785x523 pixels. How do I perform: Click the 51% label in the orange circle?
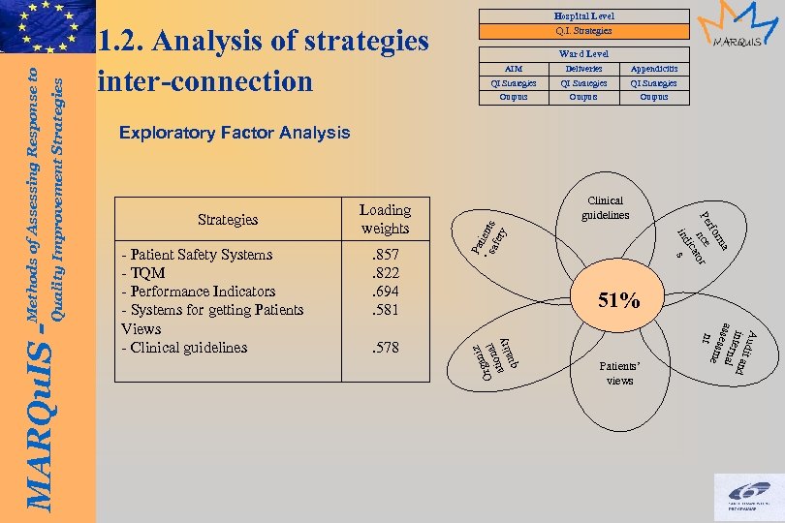click(619, 301)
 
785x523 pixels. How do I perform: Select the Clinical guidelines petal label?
click(607, 208)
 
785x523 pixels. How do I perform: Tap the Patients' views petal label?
click(619, 374)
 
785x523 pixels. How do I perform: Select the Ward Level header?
click(583, 54)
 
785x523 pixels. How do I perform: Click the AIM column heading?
click(514, 69)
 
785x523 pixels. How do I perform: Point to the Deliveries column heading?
click(583, 69)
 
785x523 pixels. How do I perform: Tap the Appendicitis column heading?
click(654, 69)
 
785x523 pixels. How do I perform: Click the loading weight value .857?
click(386, 255)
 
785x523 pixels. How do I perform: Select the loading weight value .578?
click(386, 347)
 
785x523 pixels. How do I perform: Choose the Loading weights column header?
click(386, 219)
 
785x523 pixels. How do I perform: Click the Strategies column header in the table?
click(228, 219)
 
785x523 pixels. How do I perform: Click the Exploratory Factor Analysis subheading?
click(234, 133)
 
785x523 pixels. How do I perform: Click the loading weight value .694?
click(386, 292)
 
